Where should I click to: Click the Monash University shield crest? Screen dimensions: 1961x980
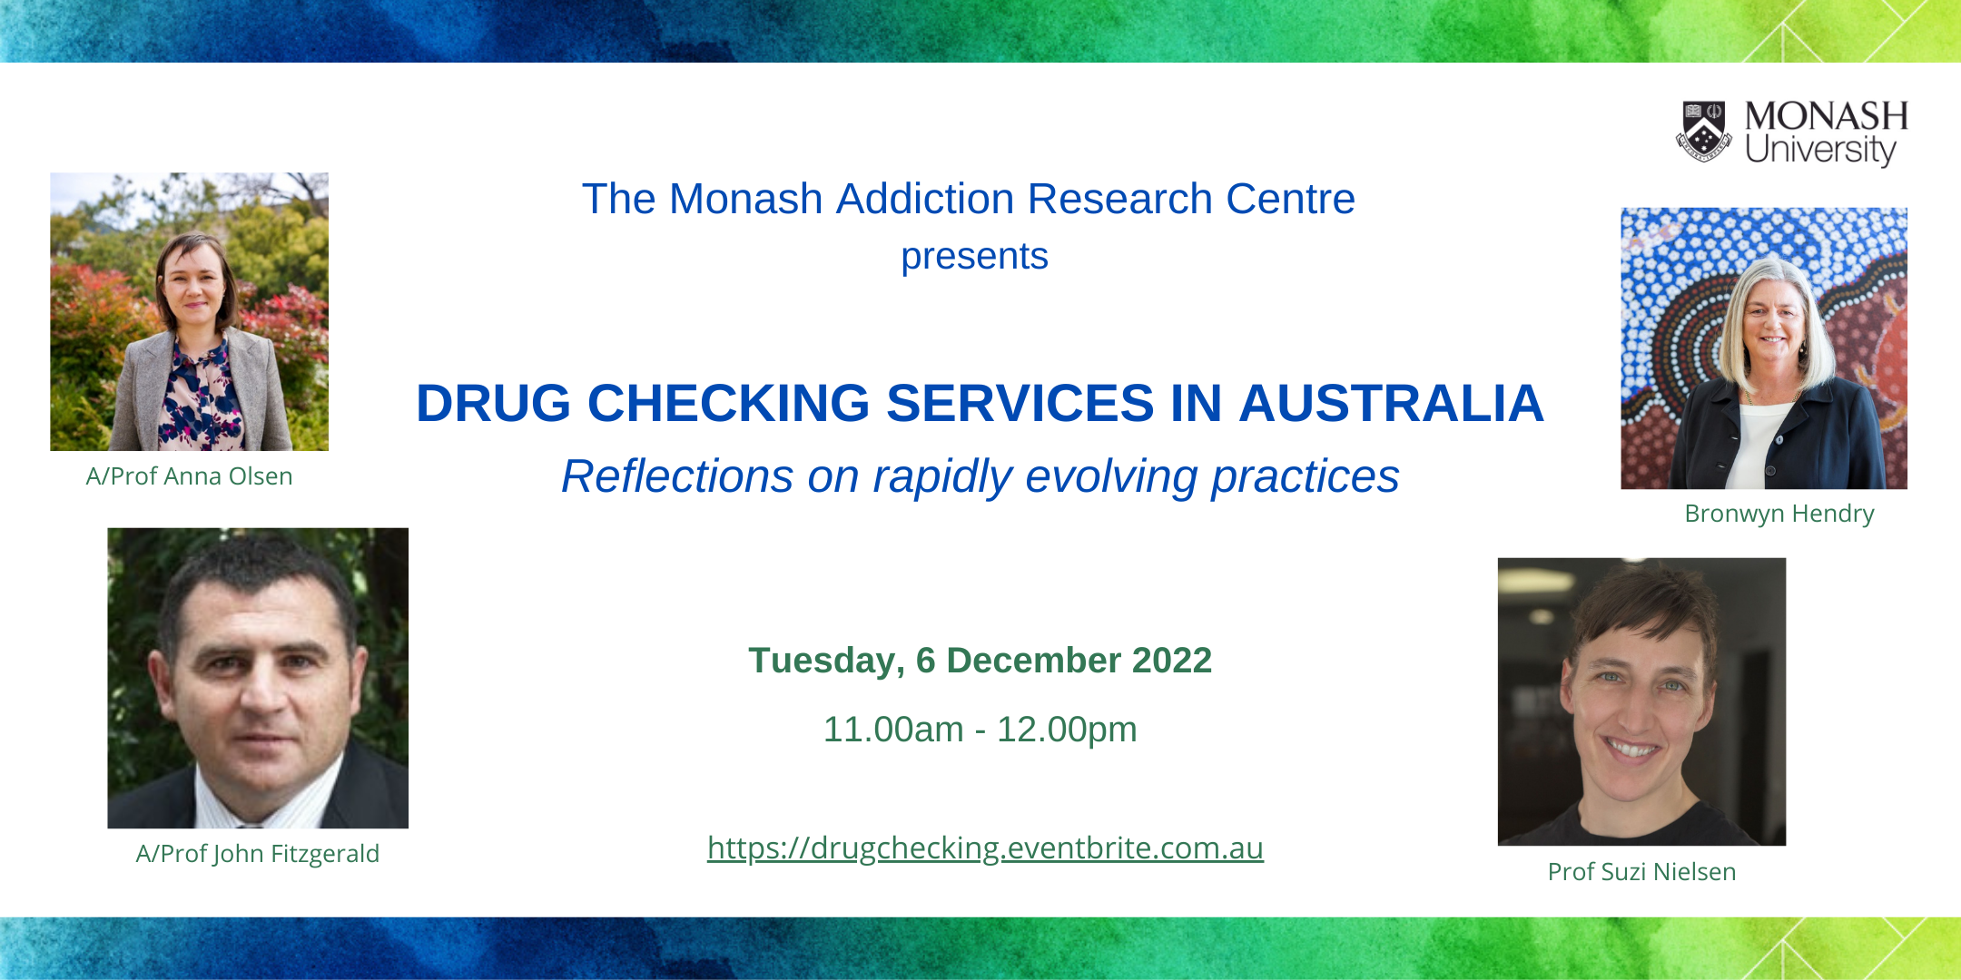tap(1704, 131)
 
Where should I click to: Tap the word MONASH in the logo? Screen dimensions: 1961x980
tap(1826, 116)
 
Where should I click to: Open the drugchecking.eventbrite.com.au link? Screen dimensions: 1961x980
tap(985, 848)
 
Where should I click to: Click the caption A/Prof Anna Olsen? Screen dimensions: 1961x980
tap(189, 476)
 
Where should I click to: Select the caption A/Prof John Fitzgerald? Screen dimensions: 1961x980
tap(258, 854)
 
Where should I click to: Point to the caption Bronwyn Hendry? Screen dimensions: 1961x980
tap(1779, 514)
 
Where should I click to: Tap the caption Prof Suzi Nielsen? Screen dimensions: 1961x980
tap(1641, 872)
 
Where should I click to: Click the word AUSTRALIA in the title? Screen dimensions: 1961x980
tap(1392, 403)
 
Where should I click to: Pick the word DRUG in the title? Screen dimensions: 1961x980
tap(493, 403)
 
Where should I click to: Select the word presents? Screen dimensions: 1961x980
tap(974, 257)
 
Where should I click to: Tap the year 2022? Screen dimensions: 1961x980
tap(1172, 661)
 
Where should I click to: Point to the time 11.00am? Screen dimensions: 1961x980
tap(893, 730)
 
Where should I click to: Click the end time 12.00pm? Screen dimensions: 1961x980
tap(1067, 730)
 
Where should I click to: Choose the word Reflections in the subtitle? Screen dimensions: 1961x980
tap(677, 476)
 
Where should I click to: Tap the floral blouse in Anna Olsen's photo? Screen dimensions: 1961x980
tap(200, 399)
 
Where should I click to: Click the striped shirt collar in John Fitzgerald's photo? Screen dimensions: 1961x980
tap(263, 799)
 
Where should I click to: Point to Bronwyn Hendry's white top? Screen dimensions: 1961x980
tap(1761, 445)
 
